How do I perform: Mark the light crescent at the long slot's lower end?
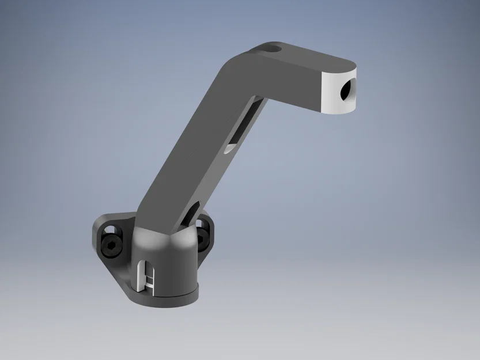pyautogui.click(x=229, y=148)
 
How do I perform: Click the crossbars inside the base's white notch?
pyautogui.click(x=150, y=279)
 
